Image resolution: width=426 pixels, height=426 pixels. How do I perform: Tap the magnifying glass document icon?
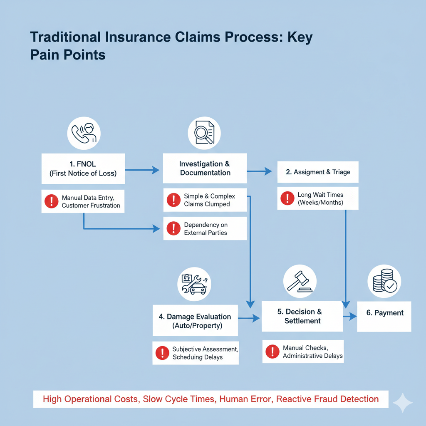tap(204, 133)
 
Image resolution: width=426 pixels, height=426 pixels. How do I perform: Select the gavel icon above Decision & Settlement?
tap(300, 281)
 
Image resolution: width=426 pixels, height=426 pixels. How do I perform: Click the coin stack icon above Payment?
tap(384, 281)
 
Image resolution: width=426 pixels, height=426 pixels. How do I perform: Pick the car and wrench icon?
tap(194, 284)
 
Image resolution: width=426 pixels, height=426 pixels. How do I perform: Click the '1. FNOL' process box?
tap(83, 168)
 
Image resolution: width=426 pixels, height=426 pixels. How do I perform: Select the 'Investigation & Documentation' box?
tap(205, 168)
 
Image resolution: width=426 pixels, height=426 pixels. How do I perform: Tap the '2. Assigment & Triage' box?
tap(318, 172)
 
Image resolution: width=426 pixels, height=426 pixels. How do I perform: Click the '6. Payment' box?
tap(384, 316)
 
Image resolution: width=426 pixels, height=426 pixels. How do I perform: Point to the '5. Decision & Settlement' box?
tap(302, 316)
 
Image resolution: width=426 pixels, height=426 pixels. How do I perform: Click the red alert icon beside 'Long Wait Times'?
tap(287, 198)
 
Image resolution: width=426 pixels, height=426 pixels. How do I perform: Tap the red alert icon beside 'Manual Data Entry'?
tap(51, 201)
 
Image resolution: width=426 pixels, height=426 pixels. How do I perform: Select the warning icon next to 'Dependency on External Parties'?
tap(173, 228)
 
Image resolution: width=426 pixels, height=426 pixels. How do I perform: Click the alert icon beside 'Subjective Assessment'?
tap(162, 353)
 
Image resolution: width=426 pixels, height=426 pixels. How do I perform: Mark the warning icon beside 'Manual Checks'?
tap(272, 352)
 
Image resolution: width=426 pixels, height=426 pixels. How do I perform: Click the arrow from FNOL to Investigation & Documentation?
tap(142, 170)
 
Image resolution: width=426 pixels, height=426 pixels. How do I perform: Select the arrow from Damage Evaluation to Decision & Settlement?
tap(249, 319)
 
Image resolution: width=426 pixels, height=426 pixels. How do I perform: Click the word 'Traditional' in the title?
tap(65, 37)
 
